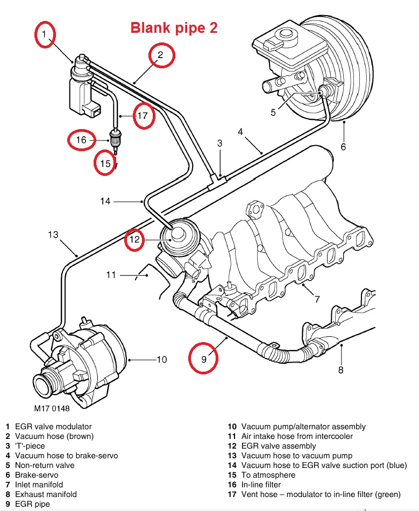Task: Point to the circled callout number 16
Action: pos(81,141)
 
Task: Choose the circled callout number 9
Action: pos(203,358)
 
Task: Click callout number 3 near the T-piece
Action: pos(219,143)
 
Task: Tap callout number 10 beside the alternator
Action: pos(162,359)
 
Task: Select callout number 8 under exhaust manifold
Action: pos(340,370)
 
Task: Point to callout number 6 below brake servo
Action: pos(343,146)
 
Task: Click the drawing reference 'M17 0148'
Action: pos(52,408)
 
